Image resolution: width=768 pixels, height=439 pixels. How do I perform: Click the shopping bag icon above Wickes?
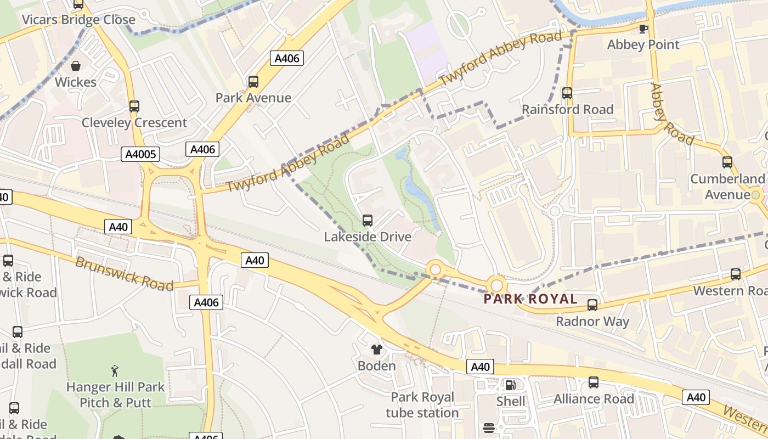(x=76, y=66)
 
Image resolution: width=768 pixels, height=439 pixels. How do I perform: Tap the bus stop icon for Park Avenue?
(x=253, y=82)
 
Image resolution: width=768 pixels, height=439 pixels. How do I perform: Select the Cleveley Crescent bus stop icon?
(x=134, y=106)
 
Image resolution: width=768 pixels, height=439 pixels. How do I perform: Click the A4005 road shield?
(x=140, y=154)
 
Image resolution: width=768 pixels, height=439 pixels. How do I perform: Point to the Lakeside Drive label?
(x=368, y=237)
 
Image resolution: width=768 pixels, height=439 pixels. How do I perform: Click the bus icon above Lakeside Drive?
(x=368, y=221)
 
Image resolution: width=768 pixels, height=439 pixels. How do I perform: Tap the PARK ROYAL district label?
(x=530, y=299)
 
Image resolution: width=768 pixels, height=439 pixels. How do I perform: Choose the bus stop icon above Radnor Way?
(x=592, y=305)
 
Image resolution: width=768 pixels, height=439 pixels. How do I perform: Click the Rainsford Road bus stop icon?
(x=567, y=93)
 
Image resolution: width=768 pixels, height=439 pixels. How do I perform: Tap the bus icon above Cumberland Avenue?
(x=727, y=162)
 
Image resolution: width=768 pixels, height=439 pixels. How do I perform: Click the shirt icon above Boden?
(x=376, y=349)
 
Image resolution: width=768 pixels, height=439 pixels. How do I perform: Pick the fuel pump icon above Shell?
(x=510, y=385)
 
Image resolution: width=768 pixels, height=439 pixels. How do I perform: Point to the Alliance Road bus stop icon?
(x=594, y=382)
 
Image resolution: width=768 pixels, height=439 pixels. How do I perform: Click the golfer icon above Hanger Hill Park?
(x=115, y=371)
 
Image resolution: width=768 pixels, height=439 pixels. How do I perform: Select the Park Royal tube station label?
(x=422, y=405)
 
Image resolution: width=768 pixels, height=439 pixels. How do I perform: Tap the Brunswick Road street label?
(x=124, y=273)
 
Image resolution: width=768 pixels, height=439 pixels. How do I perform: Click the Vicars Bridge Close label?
(x=78, y=20)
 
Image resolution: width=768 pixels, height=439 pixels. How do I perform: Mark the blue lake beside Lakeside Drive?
(x=419, y=192)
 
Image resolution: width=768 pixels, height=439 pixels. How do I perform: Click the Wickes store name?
(x=76, y=82)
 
